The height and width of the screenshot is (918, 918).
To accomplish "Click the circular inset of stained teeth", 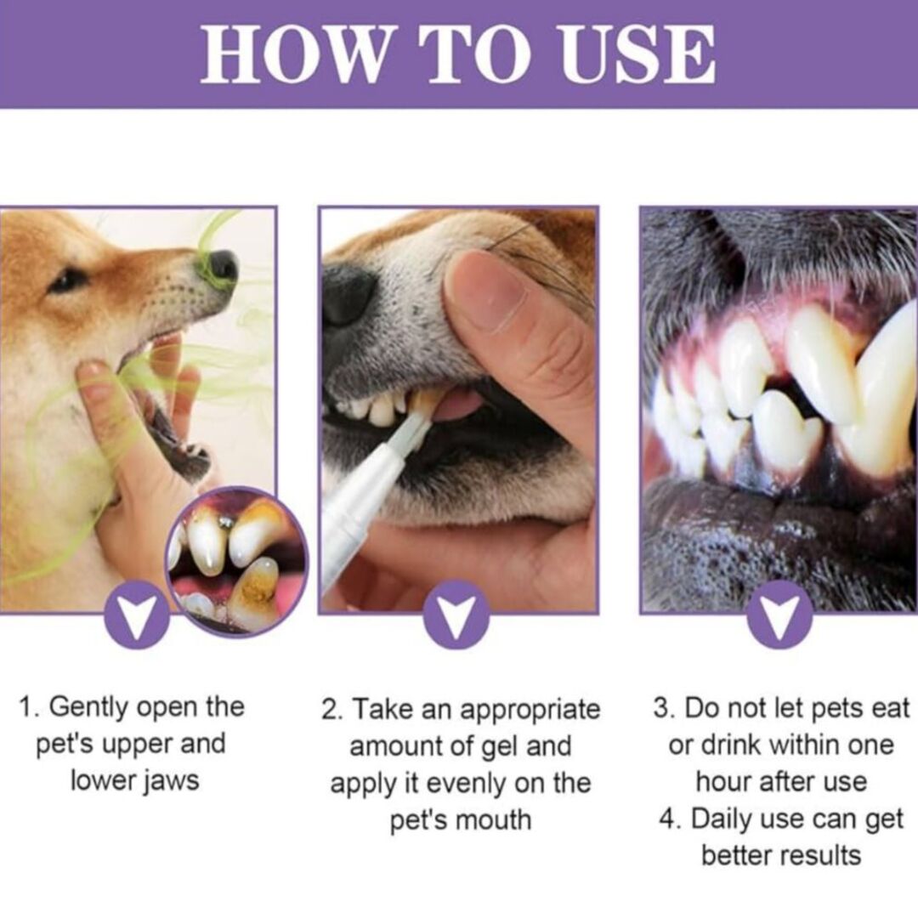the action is click(x=236, y=561).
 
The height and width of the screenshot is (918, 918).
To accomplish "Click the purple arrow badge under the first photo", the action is click(x=137, y=615).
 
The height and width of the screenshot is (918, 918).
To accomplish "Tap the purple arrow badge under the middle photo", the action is click(x=456, y=615).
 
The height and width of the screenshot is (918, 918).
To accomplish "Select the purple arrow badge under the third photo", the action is click(x=779, y=615).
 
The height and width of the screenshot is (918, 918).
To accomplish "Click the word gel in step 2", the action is click(x=500, y=747).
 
